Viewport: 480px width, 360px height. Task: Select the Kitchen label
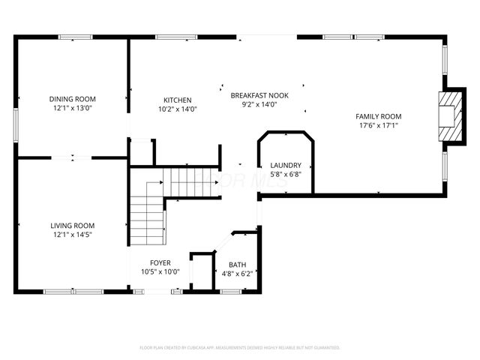click(178, 100)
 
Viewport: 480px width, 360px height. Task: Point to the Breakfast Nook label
click(259, 95)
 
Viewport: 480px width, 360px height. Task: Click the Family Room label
click(378, 116)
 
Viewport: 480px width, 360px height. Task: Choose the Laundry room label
click(286, 166)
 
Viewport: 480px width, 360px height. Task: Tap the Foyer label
click(160, 262)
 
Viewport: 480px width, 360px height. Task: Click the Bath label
click(238, 265)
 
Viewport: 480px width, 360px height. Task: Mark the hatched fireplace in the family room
click(450, 116)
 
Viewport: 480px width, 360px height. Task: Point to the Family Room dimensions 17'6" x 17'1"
click(378, 125)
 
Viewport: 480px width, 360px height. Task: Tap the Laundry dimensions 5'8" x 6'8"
click(286, 175)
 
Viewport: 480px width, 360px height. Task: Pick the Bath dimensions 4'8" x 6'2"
click(238, 274)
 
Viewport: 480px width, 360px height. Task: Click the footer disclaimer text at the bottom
click(240, 348)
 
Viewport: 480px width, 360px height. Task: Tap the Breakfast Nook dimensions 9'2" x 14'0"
click(259, 104)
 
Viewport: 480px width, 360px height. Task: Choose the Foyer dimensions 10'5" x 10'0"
click(160, 271)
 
